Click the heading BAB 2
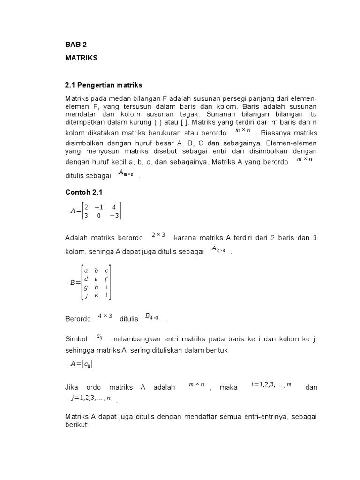pyautogui.click(x=76, y=45)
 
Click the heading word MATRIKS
pyautogui.click(x=81, y=58)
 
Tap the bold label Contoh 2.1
pyautogui.click(x=83, y=192)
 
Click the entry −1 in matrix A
pyautogui.click(x=98, y=207)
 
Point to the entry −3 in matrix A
pyautogui.click(x=114, y=216)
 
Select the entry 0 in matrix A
pyautogui.click(x=99, y=216)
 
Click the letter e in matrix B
pyautogui.click(x=96, y=278)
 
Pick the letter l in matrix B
pyautogui.click(x=107, y=295)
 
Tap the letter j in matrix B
pyautogui.click(x=86, y=295)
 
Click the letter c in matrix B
pyautogui.click(x=107, y=270)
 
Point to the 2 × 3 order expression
pyautogui.click(x=158, y=235)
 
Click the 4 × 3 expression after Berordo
pyautogui.click(x=105, y=316)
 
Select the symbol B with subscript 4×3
pyautogui.click(x=152, y=317)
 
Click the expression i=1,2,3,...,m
pyautogui.click(x=271, y=385)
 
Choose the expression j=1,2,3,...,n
pyautogui.click(x=91, y=398)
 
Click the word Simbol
pyautogui.click(x=76, y=339)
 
